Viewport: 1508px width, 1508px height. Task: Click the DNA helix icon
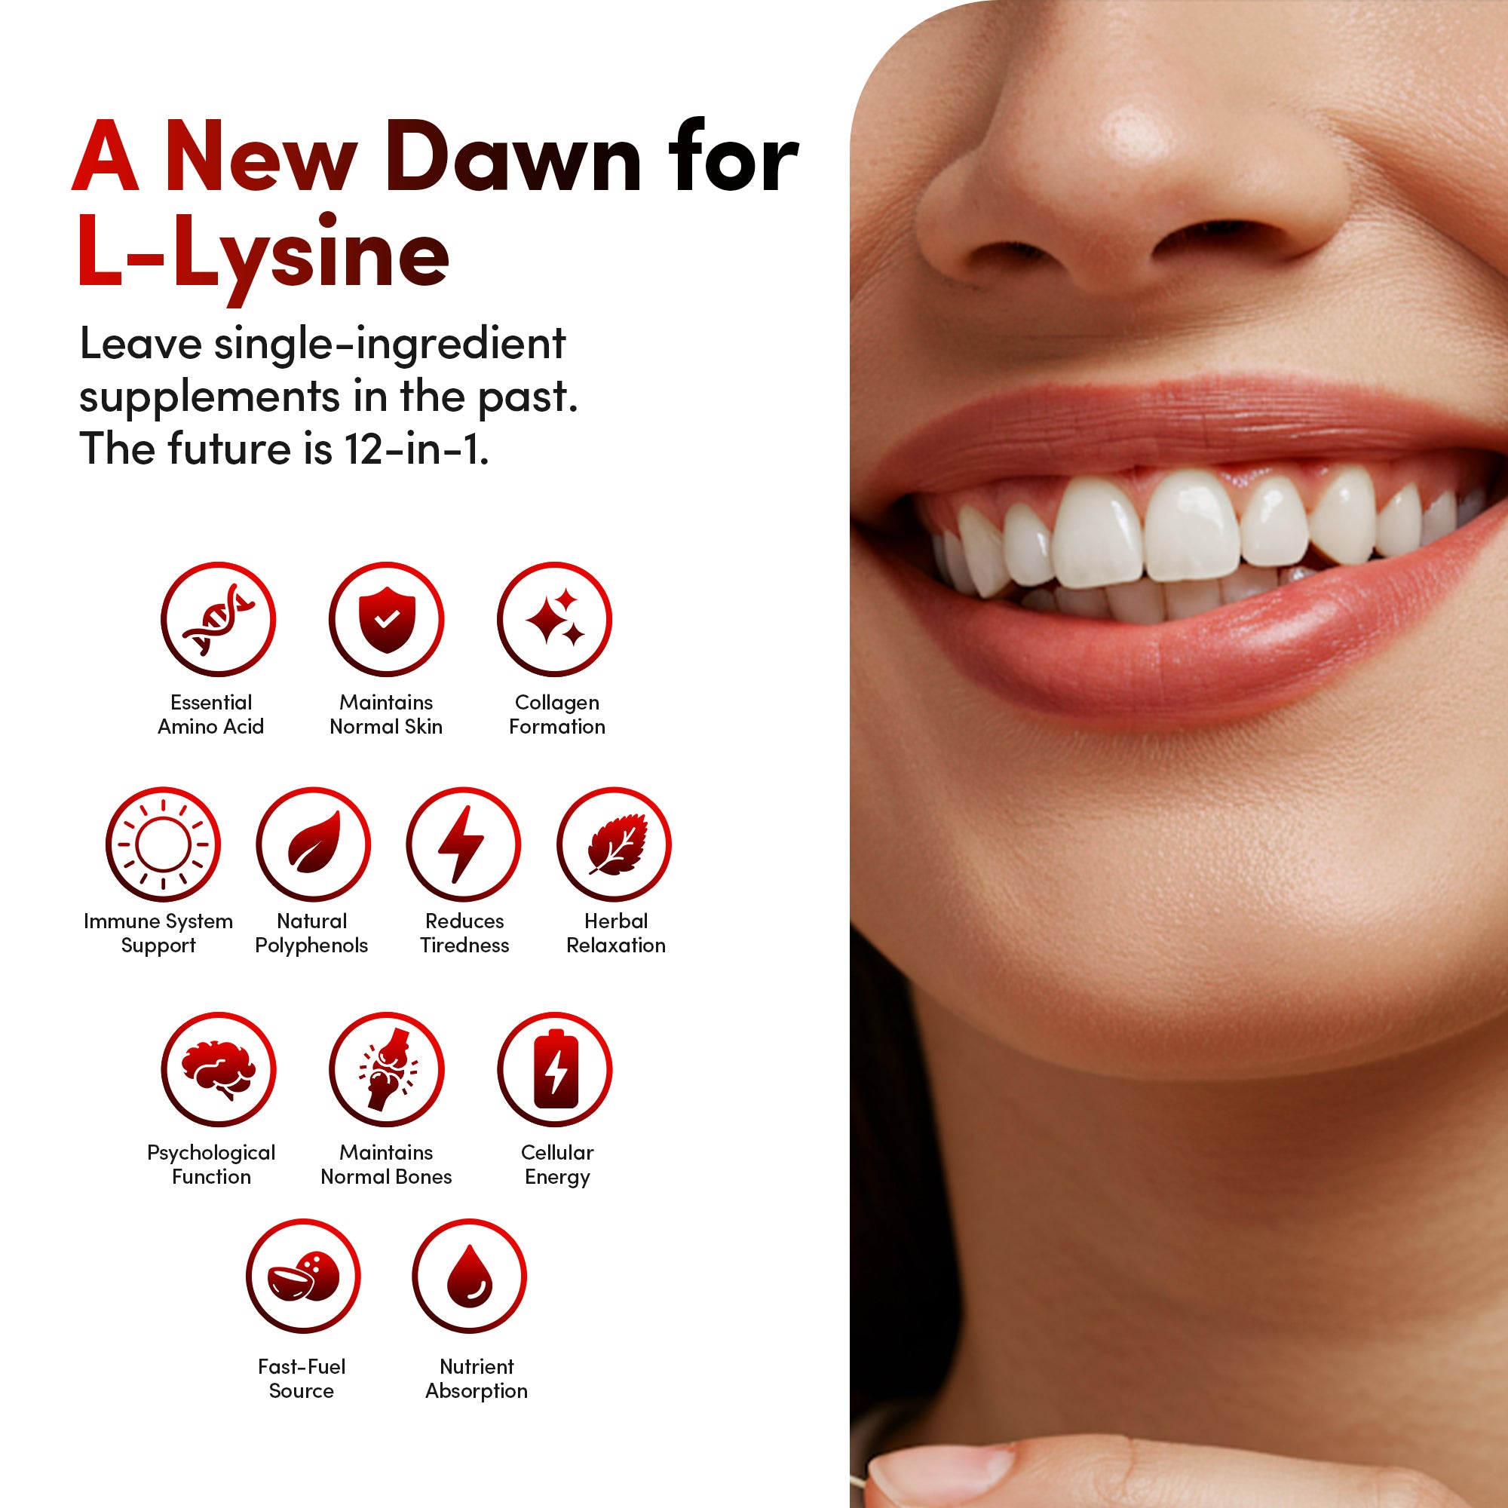click(x=218, y=619)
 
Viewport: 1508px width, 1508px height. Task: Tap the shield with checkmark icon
click(x=386, y=619)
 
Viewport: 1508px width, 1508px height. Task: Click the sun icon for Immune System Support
click(x=163, y=844)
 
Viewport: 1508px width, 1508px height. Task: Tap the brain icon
click(x=218, y=1068)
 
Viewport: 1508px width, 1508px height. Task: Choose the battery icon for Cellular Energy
click(x=555, y=1068)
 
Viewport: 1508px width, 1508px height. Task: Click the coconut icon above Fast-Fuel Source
click(x=303, y=1277)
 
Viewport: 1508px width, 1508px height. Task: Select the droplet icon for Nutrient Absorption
click(x=469, y=1277)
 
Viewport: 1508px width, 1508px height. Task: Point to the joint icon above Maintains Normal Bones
click(x=386, y=1068)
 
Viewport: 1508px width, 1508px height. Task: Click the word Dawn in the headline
click(x=513, y=156)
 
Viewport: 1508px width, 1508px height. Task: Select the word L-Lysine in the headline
click(x=263, y=253)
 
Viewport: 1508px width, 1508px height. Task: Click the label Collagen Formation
click(x=556, y=714)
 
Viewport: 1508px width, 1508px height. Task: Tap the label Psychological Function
click(x=211, y=1165)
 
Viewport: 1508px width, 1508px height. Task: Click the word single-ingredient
click(x=390, y=345)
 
